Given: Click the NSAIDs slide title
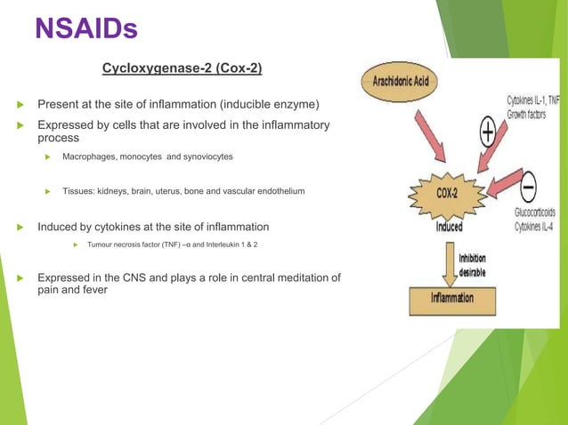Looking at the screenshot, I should (x=85, y=28).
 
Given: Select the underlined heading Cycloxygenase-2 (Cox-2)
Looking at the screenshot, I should (x=182, y=68).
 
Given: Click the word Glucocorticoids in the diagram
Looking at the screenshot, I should (x=536, y=212).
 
